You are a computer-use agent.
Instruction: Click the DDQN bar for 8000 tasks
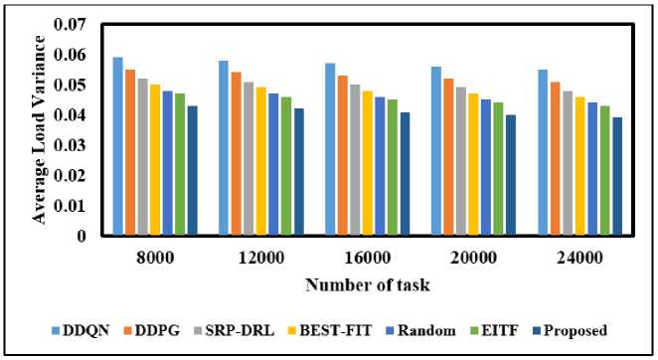118,146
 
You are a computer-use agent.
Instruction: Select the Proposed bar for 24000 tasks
617,176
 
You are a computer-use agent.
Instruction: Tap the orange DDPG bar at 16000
343,155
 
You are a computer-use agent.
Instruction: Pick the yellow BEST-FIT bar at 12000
261,161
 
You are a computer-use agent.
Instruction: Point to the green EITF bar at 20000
498,168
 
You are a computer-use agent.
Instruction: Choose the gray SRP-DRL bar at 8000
143,157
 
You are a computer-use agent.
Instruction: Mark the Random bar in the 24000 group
592,168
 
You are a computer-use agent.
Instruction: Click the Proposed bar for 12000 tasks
299,171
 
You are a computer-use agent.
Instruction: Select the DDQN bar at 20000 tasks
436,150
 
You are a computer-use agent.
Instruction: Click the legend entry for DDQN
81,330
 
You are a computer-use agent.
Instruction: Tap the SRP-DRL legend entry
235,330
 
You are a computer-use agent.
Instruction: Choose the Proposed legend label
576,330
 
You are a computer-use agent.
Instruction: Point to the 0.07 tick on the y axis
70,24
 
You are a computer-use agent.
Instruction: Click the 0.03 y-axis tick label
70,145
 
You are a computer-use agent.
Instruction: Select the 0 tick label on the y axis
81,236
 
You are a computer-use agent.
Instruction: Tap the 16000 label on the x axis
368,258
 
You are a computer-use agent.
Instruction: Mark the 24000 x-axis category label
579,258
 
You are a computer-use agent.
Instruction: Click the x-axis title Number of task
368,284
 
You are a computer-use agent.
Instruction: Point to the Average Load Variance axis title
39,129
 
